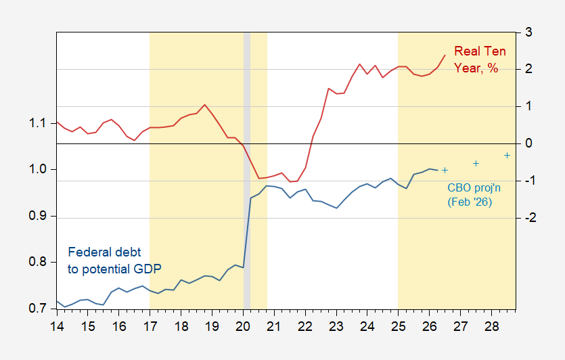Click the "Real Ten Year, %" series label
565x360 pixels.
point(480,60)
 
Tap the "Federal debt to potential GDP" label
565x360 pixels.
point(114,260)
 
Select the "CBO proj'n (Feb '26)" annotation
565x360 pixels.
point(474,195)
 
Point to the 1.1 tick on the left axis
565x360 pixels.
point(37,123)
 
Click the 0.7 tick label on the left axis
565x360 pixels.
point(37,309)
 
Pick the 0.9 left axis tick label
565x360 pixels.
point(37,216)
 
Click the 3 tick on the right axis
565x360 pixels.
point(528,32)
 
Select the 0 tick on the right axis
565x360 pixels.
point(528,143)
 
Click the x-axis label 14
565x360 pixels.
point(57,326)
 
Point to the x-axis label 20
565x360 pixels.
point(243,326)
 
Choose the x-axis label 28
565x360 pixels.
point(491,326)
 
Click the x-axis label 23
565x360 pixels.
point(336,326)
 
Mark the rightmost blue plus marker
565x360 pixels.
point(507,156)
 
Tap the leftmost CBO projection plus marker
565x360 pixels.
point(445,170)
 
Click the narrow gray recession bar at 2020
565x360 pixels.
point(247,171)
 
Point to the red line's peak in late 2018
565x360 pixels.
point(204,105)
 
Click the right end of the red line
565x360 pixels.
point(445,55)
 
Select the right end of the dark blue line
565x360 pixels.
point(437,170)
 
